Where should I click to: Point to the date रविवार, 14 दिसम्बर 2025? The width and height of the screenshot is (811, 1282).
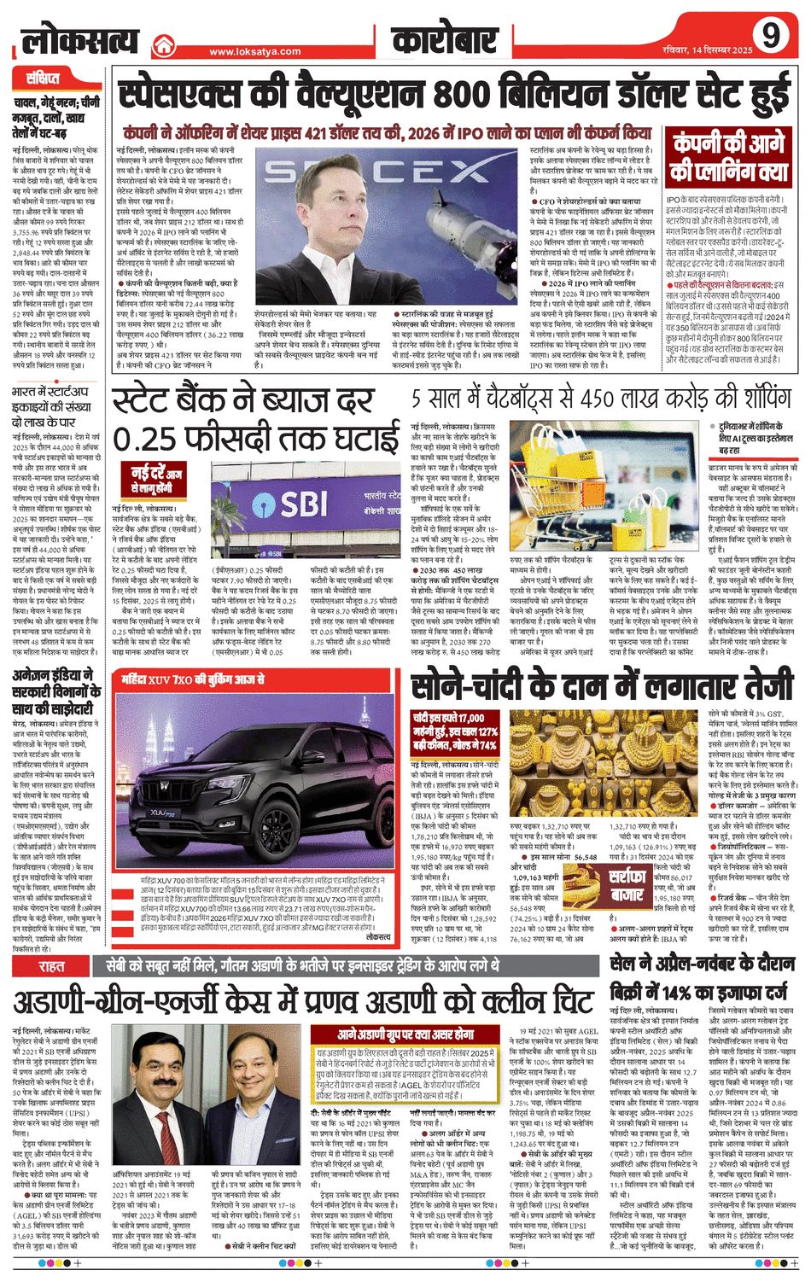[x=706, y=50]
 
